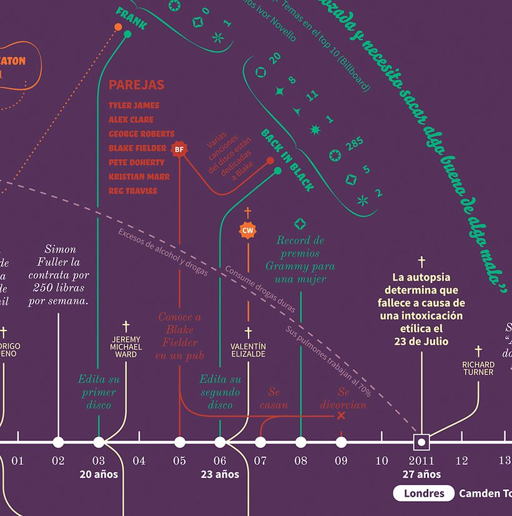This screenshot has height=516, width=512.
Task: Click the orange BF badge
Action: coord(179,149)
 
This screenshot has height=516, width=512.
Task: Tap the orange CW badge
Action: coord(248,231)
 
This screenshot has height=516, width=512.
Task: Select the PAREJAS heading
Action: coord(136,85)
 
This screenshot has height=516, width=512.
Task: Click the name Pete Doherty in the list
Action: coord(136,162)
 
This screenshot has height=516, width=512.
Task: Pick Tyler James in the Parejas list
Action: coord(134,106)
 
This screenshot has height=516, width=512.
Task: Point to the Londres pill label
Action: coord(423,494)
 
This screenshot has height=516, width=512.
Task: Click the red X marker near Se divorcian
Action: coord(341,415)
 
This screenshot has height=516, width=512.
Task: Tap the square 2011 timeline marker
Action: coord(421,442)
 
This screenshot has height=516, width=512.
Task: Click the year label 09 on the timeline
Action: coord(341,461)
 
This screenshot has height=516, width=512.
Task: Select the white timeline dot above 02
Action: coord(58,442)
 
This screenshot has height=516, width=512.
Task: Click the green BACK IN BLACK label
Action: coord(287,160)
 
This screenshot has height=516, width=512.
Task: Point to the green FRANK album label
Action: coord(131,19)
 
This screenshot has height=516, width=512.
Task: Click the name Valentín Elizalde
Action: coord(248,350)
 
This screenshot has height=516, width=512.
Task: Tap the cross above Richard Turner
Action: coord(478,351)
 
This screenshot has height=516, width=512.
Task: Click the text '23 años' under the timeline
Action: coord(220,475)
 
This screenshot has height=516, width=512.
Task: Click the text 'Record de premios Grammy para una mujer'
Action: coord(300,260)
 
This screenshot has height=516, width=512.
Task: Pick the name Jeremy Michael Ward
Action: coord(126,347)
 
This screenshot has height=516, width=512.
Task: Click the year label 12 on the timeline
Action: coord(461,461)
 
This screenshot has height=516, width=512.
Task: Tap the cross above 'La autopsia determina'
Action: coord(421,261)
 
